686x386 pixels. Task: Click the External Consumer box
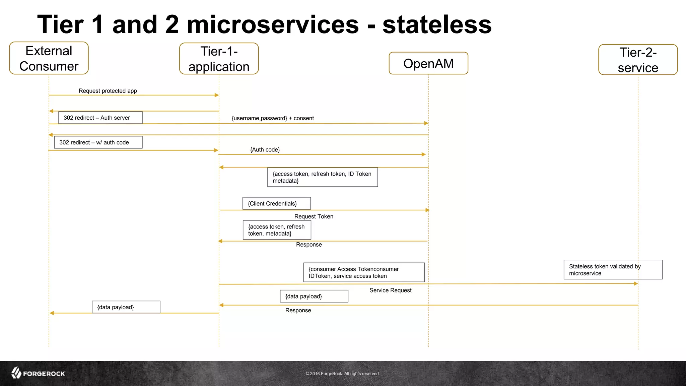coord(49,58)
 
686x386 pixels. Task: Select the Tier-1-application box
coord(219,59)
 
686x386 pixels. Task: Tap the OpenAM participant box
coord(428,63)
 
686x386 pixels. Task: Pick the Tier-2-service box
coord(638,60)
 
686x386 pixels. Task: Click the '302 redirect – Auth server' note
coord(100,118)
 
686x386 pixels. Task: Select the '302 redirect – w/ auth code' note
coord(98,142)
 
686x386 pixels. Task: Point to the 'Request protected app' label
coord(108,91)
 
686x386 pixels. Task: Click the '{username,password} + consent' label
coord(273,118)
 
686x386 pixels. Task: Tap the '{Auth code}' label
coord(265,150)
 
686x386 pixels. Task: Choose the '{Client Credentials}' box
coord(277,203)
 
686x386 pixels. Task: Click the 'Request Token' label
coord(314,216)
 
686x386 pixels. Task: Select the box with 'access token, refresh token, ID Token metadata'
coord(323,177)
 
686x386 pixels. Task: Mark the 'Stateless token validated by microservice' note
coord(613,270)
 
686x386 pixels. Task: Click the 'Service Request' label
coord(390,291)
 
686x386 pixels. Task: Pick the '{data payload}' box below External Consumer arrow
coord(126,307)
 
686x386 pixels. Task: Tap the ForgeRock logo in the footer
coord(38,373)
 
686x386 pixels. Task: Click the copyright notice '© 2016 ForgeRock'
coord(342,374)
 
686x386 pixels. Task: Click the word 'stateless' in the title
coord(437,24)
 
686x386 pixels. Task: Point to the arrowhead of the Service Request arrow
coord(636,284)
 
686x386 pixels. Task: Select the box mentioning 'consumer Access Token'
coord(364,272)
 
